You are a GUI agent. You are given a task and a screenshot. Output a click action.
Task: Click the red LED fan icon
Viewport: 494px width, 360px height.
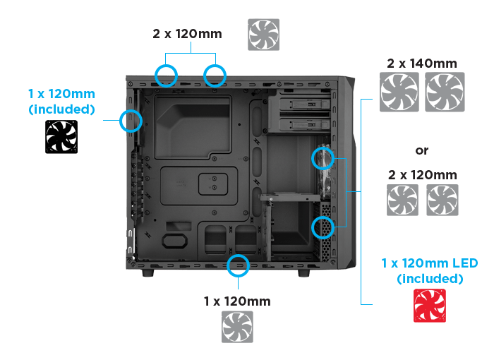[429, 306]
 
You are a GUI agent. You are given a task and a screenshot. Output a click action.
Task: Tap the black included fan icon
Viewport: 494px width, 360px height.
[61, 136]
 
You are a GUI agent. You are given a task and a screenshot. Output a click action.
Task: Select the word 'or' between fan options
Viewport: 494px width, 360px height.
[422, 150]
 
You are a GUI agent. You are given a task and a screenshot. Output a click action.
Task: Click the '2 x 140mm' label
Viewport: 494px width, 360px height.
[422, 64]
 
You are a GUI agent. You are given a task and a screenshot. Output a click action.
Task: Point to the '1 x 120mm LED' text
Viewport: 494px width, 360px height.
[429, 263]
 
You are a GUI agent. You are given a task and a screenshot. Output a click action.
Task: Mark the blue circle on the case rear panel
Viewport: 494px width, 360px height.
[131, 121]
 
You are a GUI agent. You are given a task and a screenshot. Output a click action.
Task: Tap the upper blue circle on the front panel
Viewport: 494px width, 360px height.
[322, 158]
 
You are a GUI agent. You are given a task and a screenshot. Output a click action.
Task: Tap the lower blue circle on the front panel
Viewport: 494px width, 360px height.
[323, 227]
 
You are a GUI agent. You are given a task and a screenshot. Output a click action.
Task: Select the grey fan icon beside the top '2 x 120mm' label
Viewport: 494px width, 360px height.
[263, 35]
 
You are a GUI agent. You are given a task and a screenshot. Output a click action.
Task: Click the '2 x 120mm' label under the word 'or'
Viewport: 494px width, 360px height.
[422, 174]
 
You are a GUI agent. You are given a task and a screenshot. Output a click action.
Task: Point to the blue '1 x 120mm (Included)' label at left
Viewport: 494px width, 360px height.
[61, 101]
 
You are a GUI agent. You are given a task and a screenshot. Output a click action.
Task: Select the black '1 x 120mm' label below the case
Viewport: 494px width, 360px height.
[237, 301]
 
